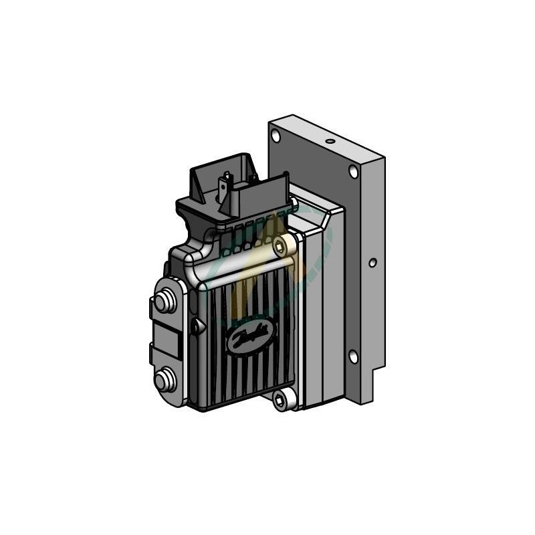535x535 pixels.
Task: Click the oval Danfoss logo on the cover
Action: click(249, 334)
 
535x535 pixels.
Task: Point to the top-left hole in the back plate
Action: click(276, 136)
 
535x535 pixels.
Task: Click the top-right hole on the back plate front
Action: click(353, 172)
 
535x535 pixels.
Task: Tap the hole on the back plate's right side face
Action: click(372, 263)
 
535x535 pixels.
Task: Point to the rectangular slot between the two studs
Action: click(171, 342)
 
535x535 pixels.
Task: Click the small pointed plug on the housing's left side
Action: click(195, 326)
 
